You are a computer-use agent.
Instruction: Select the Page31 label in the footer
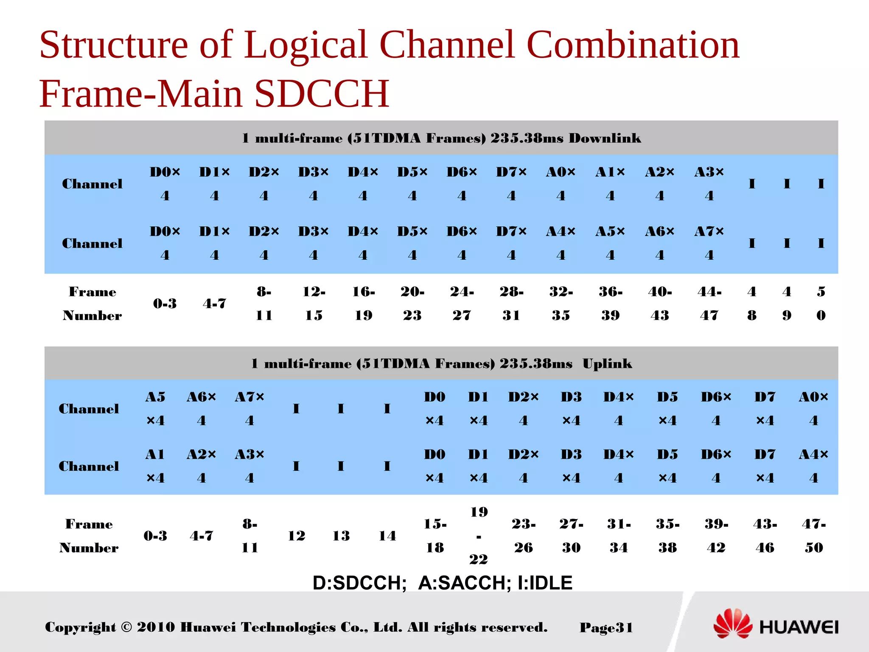tap(606, 627)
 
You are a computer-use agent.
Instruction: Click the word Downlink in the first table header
tap(605, 138)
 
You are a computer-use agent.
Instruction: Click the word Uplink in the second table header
tap(607, 364)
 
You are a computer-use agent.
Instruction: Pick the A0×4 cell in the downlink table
tap(561, 183)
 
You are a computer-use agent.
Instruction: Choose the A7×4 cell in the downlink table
tap(709, 243)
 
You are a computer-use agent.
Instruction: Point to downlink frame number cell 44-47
tap(709, 303)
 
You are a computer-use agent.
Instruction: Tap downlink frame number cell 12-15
tap(314, 303)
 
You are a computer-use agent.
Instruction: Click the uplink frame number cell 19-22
tap(479, 535)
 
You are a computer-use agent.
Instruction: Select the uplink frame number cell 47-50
tap(813, 535)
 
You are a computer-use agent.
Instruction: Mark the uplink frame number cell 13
tap(341, 536)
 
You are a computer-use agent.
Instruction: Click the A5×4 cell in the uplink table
tap(155, 408)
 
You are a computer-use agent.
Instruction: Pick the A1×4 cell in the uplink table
tap(155, 466)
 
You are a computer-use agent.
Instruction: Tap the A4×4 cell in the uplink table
tap(813, 466)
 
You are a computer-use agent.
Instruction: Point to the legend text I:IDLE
tap(545, 583)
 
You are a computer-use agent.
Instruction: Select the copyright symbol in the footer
tap(126, 627)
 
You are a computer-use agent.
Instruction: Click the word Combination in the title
tap(633, 45)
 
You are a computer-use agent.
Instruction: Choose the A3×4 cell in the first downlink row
tap(709, 183)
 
